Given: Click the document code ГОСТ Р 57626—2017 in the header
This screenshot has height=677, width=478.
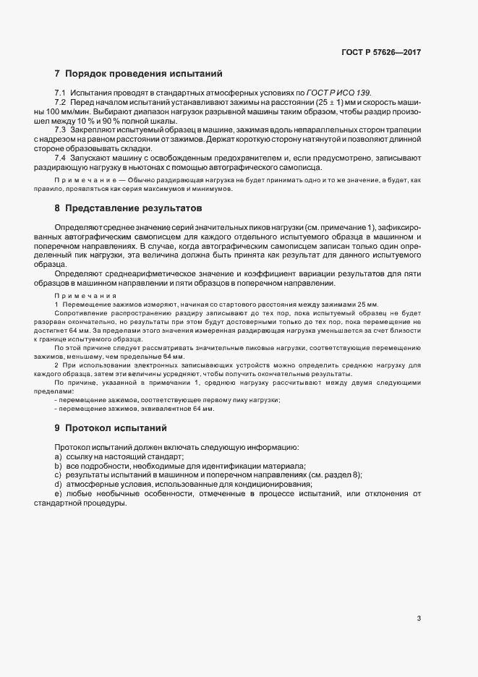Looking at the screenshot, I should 381,53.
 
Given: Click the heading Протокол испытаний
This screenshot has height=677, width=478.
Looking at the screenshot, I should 116,427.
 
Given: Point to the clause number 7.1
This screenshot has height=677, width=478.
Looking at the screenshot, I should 60,93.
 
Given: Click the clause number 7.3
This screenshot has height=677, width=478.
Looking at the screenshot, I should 60,129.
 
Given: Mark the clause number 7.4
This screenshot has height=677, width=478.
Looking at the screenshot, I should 60,157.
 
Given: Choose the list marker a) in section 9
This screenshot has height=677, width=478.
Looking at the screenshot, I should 58,457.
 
